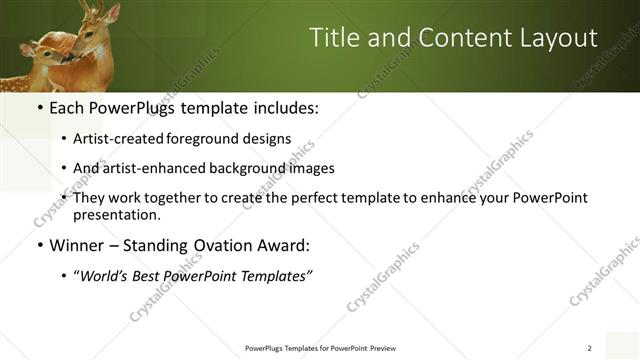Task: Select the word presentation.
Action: [x=116, y=214]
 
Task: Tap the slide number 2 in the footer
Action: [x=589, y=348]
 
